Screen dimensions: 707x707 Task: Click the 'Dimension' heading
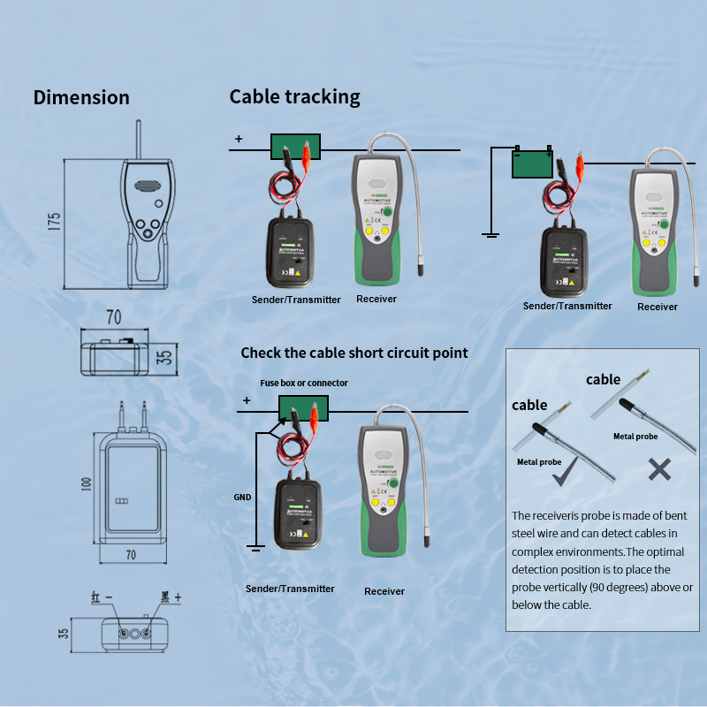[x=81, y=97]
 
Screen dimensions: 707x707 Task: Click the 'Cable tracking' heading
[x=294, y=96]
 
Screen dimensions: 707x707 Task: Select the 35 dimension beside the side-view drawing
[x=164, y=357]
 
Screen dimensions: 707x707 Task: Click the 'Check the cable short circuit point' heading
[x=354, y=353]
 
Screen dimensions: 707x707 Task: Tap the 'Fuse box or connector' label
[x=304, y=383]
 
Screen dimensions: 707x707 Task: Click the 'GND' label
[x=242, y=497]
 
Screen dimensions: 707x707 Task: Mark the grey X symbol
[x=659, y=469]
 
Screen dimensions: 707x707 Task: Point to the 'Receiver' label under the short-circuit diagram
[x=384, y=591]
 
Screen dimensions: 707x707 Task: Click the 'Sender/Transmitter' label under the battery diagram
[x=567, y=306]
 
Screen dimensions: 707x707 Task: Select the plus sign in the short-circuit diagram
[x=246, y=401]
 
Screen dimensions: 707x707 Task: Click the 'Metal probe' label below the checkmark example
[x=539, y=461]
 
